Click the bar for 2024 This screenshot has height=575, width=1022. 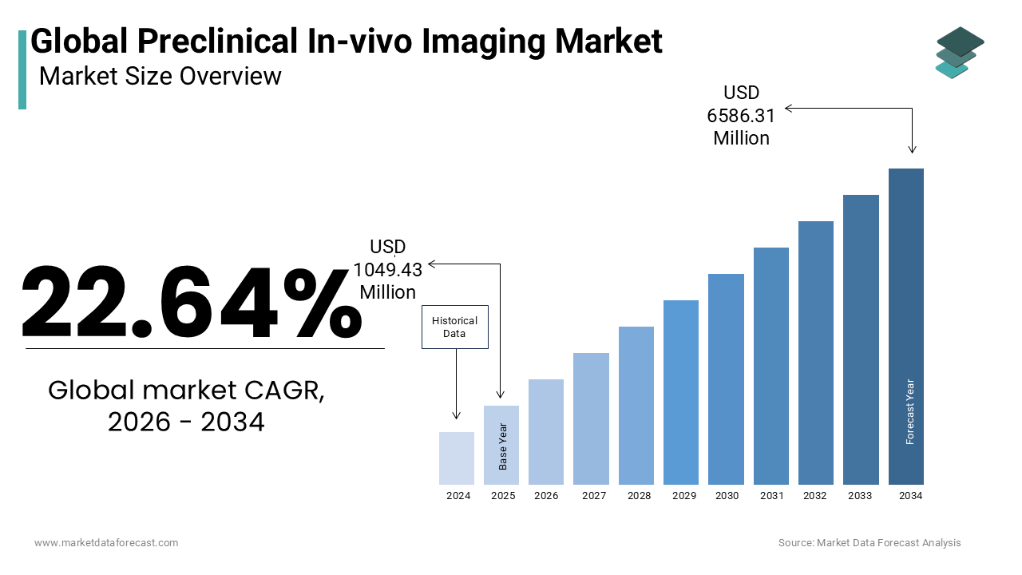click(x=456, y=458)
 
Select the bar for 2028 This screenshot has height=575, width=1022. click(x=636, y=406)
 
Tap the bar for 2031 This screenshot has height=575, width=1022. click(x=771, y=366)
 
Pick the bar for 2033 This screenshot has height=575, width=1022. click(x=861, y=339)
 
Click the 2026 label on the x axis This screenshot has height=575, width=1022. click(x=546, y=496)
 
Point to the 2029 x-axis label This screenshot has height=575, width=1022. click(x=684, y=496)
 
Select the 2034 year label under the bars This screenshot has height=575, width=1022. click(x=911, y=496)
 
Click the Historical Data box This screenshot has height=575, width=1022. click(x=455, y=327)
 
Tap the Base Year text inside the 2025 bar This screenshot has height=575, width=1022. click(x=503, y=446)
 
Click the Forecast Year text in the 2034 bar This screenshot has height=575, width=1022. click(x=909, y=411)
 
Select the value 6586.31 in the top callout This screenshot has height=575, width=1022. click(x=741, y=116)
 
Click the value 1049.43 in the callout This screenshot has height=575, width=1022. click(x=388, y=270)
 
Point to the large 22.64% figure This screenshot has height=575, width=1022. click(x=192, y=302)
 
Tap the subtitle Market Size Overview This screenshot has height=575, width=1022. click(x=160, y=76)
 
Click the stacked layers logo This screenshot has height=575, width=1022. click(x=960, y=53)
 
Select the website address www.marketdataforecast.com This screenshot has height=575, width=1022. click(x=106, y=542)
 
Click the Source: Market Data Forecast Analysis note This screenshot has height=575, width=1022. click(x=869, y=542)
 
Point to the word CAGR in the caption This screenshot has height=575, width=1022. click(x=284, y=391)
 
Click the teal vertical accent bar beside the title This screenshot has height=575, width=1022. click(x=22, y=69)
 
